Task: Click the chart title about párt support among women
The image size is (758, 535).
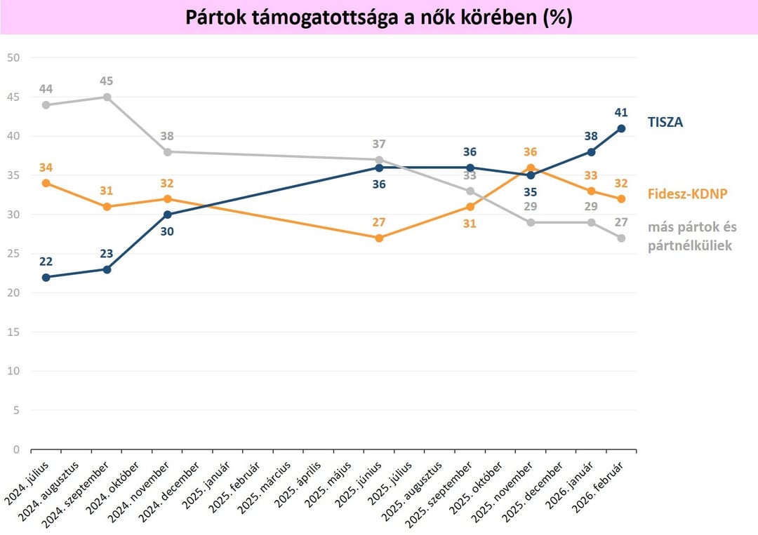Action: pyautogui.click(x=379, y=18)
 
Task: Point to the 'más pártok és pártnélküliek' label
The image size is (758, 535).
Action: pyautogui.click(x=693, y=236)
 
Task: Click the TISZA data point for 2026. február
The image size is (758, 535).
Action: pyautogui.click(x=622, y=128)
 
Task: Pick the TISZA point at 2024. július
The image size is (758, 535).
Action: pyautogui.click(x=46, y=277)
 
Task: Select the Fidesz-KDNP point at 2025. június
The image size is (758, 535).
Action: pyautogui.click(x=379, y=238)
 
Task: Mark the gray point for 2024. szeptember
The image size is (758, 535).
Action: pyautogui.click(x=107, y=97)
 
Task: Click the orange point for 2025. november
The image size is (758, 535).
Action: pyautogui.click(x=531, y=168)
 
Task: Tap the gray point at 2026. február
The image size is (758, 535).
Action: pyautogui.click(x=622, y=238)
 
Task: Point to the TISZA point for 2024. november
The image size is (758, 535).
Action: pyautogui.click(x=167, y=215)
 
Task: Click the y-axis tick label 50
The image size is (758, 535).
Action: pyautogui.click(x=13, y=57)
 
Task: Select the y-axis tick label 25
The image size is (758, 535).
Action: pyautogui.click(x=13, y=253)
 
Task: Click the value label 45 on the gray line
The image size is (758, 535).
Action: pyautogui.click(x=107, y=81)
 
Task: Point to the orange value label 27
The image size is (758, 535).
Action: pyautogui.click(x=379, y=222)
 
